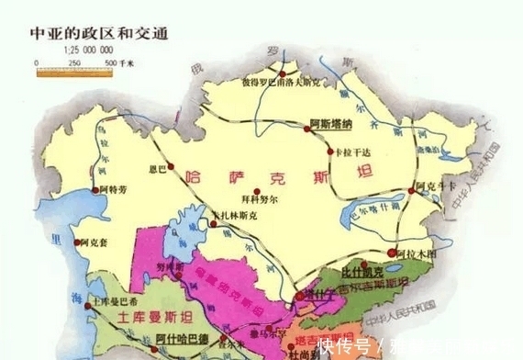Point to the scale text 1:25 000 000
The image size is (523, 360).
[x=75, y=50]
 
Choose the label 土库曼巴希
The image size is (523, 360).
[x=116, y=301]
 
